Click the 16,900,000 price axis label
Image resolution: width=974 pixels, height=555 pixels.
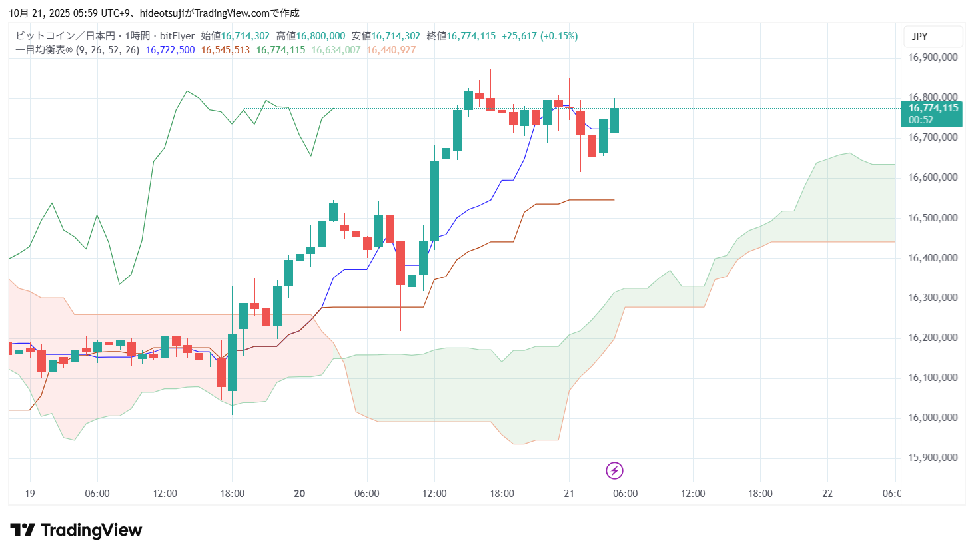click(933, 57)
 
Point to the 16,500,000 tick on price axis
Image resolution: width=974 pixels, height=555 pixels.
click(933, 218)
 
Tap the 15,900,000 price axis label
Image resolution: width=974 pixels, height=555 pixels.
click(933, 458)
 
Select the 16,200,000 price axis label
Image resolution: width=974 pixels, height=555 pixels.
click(933, 338)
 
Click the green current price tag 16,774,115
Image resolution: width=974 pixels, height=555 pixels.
click(933, 108)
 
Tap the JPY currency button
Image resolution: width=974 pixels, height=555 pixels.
click(919, 37)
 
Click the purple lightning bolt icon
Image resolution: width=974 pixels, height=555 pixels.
click(614, 471)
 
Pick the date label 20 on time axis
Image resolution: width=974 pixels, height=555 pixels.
click(300, 494)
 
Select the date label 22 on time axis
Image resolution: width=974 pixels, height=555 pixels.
click(827, 494)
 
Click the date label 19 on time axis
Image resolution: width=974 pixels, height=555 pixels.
click(30, 494)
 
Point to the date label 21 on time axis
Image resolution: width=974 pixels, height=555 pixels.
click(569, 494)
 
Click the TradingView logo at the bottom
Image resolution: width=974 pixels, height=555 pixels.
click(76, 530)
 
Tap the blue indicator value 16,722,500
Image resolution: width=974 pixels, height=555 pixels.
click(170, 50)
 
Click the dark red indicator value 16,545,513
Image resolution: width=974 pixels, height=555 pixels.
click(225, 50)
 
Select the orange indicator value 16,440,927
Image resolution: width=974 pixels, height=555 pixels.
click(391, 50)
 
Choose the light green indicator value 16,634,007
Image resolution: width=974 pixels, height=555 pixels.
click(336, 50)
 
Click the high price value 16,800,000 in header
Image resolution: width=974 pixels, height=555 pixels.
click(320, 36)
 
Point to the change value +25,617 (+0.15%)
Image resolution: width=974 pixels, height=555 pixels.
click(540, 36)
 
